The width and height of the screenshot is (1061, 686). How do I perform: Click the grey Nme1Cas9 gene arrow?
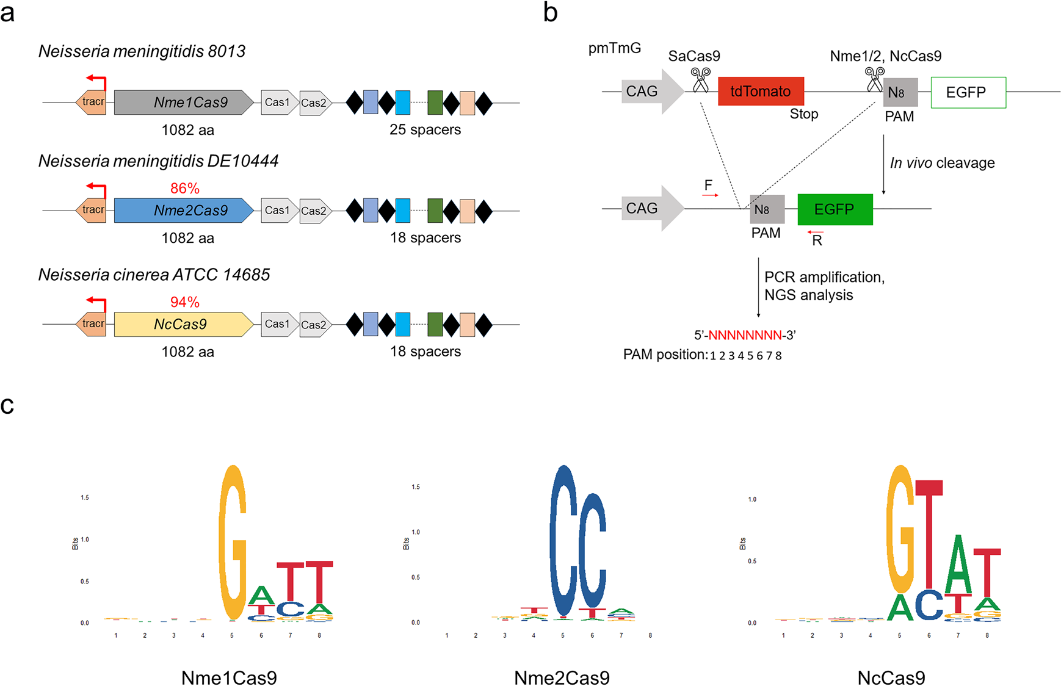tap(183, 103)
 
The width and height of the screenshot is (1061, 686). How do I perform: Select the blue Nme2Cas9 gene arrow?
tap(183, 211)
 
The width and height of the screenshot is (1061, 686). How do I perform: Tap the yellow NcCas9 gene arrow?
tap(183, 324)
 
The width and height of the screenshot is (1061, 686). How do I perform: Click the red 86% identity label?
tap(185, 188)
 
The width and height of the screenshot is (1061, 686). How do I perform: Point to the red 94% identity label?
tap(185, 302)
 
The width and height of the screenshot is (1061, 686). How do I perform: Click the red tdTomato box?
tap(761, 92)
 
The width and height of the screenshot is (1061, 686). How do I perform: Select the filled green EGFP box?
tap(835, 209)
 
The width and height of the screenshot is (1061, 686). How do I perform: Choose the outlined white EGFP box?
tap(968, 92)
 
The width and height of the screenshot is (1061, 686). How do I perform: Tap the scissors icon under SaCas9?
tap(700, 80)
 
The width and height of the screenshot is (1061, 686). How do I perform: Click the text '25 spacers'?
tap(425, 129)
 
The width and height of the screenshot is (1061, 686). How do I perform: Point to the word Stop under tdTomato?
tap(803, 114)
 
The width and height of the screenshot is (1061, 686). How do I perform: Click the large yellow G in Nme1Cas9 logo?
tap(233, 543)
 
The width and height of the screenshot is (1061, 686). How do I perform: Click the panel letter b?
tap(550, 12)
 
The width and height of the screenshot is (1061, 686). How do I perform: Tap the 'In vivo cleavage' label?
tap(942, 163)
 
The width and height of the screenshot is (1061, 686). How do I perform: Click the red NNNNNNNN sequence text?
tap(745, 335)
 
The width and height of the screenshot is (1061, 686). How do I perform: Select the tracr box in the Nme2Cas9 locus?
tap(92, 210)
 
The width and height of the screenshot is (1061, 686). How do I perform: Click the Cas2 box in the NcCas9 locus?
tap(314, 325)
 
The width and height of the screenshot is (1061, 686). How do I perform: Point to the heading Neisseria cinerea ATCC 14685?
tap(154, 275)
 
